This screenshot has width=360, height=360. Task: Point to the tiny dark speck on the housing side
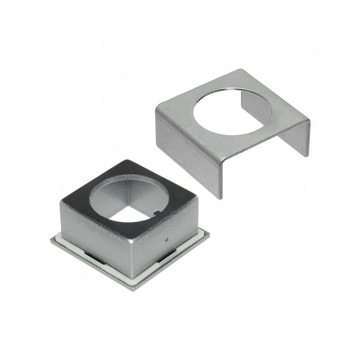(166, 240)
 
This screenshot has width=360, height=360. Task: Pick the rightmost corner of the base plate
(209, 233)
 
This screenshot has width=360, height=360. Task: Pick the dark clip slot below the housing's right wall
(169, 256)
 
